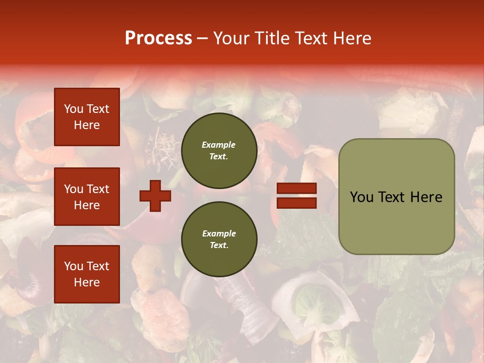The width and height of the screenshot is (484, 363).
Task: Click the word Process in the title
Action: pyautogui.click(x=158, y=38)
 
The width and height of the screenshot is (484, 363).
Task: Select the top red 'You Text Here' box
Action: pyautogui.click(x=87, y=117)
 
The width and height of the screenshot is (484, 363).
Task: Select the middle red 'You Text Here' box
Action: pyautogui.click(x=87, y=197)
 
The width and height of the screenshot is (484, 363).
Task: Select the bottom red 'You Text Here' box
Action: pyautogui.click(x=87, y=274)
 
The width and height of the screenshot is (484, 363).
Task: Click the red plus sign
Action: pyautogui.click(x=155, y=196)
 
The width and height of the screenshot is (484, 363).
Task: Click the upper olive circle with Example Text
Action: pyautogui.click(x=219, y=151)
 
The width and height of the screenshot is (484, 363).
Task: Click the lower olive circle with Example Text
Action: pyautogui.click(x=219, y=239)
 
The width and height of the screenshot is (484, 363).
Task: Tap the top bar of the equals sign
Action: pyautogui.click(x=296, y=189)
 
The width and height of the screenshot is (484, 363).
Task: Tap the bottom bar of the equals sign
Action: pyautogui.click(x=296, y=203)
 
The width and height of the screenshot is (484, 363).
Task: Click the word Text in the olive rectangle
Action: pyautogui.click(x=393, y=197)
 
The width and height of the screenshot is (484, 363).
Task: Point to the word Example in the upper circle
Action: pyautogui.click(x=219, y=145)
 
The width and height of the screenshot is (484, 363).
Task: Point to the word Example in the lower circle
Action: pyautogui.click(x=219, y=233)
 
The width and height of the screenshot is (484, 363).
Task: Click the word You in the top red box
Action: pyautogui.click(x=74, y=109)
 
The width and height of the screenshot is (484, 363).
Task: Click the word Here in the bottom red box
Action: pyautogui.click(x=87, y=282)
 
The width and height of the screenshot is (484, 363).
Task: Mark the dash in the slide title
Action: pyautogui.click(x=202, y=38)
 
